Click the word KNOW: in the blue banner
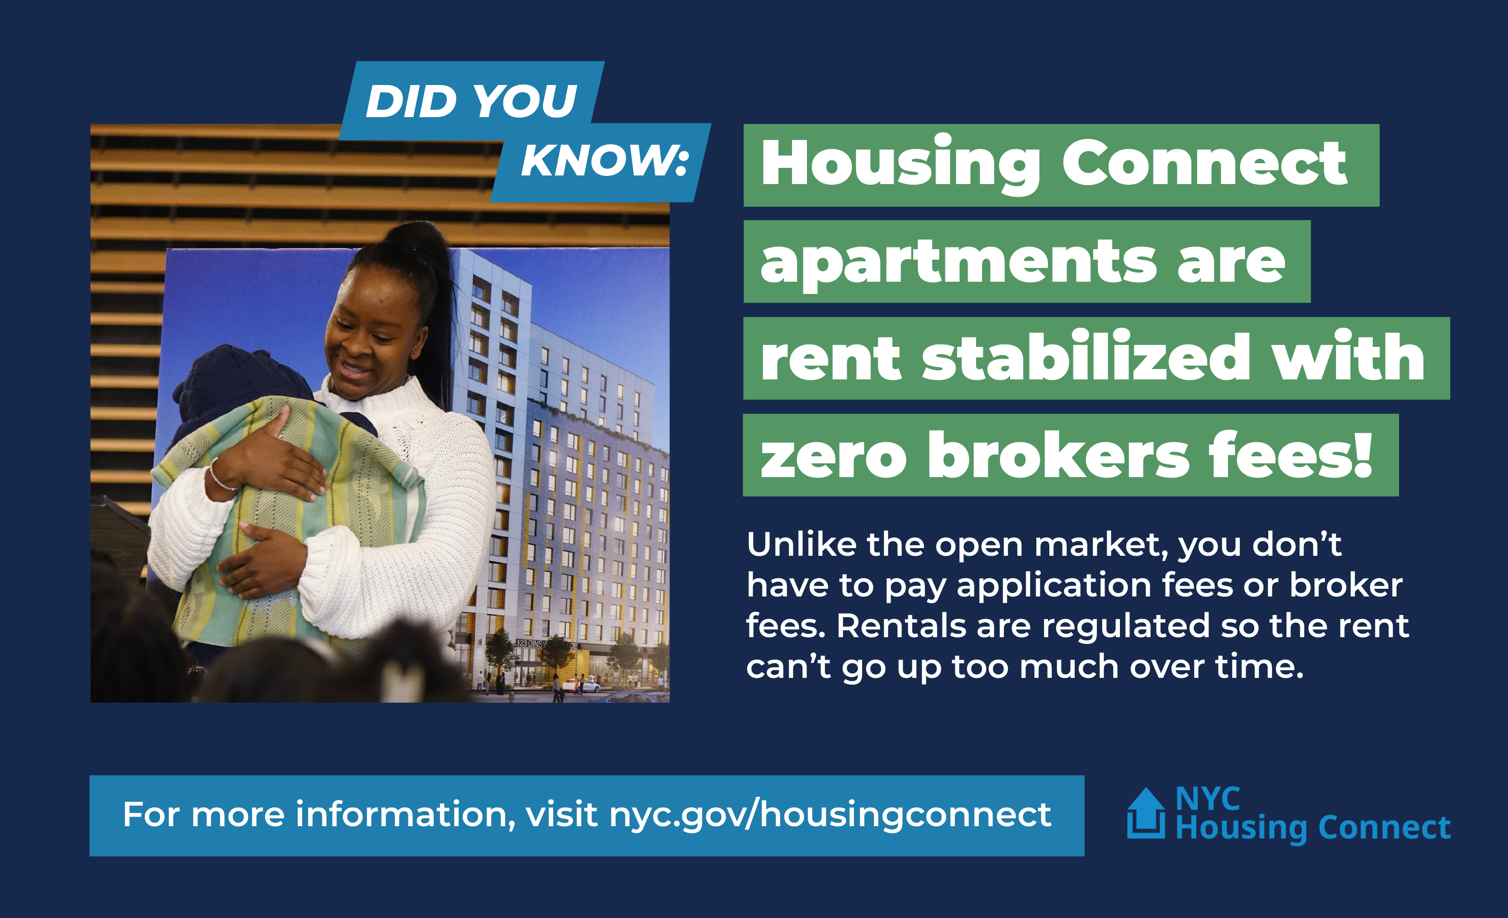(x=605, y=161)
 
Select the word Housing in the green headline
(x=900, y=164)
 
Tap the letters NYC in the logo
(x=1208, y=799)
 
